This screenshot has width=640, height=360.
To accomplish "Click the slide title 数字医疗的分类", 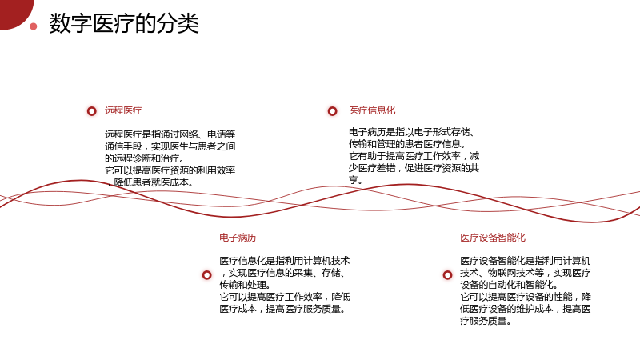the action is click(124, 23).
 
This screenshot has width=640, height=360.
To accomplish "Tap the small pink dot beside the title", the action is click(34, 26).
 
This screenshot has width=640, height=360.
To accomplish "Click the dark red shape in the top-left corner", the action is click(14, 12).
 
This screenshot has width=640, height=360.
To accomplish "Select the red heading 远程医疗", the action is click(123, 110).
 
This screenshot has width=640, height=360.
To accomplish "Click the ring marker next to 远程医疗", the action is click(92, 111).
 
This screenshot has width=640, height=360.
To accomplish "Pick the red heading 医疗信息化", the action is click(372, 110).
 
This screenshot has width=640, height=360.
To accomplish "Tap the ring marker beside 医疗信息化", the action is click(333, 111).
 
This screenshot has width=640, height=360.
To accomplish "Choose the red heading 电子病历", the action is click(238, 238).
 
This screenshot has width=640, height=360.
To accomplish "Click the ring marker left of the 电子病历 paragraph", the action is click(207, 275).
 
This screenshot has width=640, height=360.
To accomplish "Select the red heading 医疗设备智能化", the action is click(493, 238).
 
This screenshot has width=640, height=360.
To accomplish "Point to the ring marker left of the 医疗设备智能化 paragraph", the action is click(448, 275).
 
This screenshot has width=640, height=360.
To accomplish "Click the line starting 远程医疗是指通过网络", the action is click(170, 134).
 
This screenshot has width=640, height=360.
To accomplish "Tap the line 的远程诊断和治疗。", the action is click(146, 158).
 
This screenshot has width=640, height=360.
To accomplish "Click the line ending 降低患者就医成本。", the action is click(150, 182).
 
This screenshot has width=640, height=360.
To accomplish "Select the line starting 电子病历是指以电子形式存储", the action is click(412, 132).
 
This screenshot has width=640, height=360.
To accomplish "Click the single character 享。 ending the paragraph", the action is click(355, 180).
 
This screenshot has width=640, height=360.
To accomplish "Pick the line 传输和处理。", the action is click(245, 285).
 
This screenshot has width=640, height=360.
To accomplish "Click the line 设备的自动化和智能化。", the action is click(510, 285).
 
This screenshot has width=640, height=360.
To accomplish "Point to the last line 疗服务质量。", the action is click(486, 321).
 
